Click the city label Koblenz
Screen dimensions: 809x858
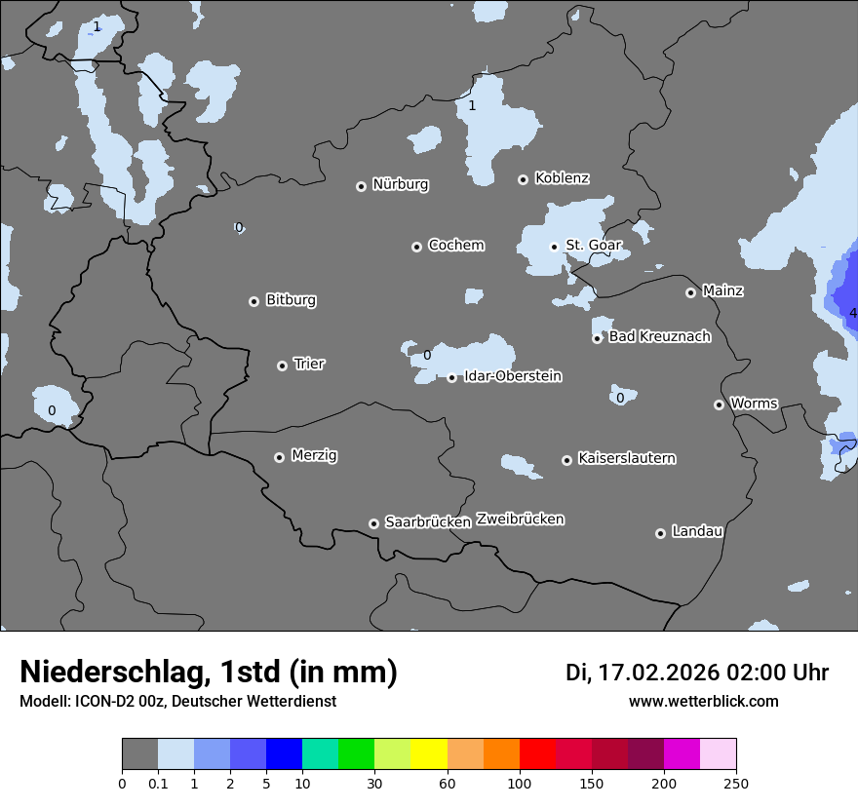click(x=562, y=178)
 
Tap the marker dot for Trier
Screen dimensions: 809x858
click(x=283, y=366)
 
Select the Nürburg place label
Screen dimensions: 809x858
click(x=400, y=184)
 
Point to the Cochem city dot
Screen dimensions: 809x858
click(x=416, y=247)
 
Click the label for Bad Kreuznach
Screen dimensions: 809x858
click(x=659, y=336)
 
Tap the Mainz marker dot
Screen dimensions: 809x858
click(x=691, y=292)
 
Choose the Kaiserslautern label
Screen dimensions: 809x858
click(x=626, y=458)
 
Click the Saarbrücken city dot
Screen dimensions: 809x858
click(x=373, y=523)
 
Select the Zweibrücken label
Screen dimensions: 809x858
click(x=520, y=519)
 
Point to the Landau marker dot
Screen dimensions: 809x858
click(x=660, y=533)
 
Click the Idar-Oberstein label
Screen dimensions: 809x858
click(x=512, y=375)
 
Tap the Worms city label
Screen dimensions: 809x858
click(x=754, y=403)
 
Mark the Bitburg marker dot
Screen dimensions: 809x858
click(x=253, y=301)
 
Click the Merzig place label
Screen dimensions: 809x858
click(x=314, y=455)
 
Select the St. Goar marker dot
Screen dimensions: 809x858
click(x=554, y=247)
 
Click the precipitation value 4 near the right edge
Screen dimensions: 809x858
click(x=852, y=313)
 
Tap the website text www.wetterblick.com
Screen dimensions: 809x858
click(x=703, y=701)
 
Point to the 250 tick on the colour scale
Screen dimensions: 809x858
click(x=736, y=783)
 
